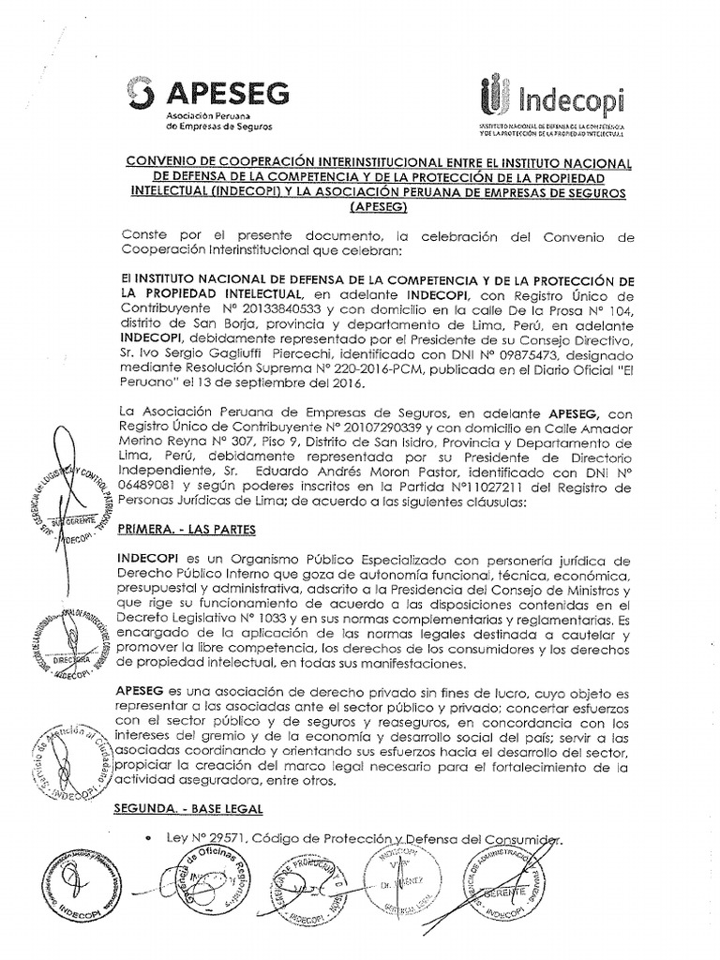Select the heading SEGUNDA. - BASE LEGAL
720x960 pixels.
point(187,807)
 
